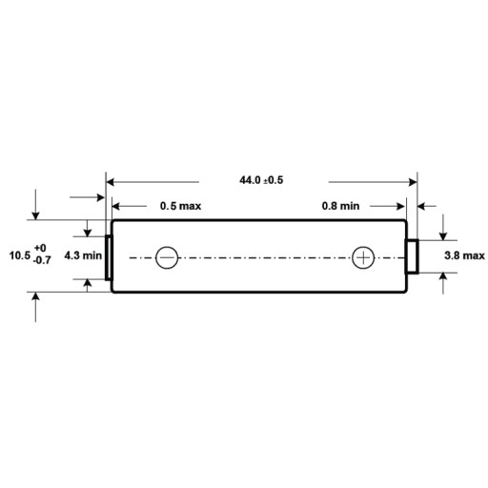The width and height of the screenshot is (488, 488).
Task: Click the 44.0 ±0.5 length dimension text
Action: click(261, 180)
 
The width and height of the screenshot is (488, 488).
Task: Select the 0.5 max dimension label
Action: click(180, 206)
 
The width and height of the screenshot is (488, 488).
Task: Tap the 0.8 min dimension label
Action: click(340, 206)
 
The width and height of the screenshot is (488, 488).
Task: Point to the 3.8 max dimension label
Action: click(464, 255)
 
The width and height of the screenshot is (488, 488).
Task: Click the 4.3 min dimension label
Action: click(83, 255)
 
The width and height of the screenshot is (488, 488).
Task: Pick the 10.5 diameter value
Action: click(20, 255)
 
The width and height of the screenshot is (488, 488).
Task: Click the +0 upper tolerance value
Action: click(40, 248)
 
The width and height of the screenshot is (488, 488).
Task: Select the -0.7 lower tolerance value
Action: click(42, 260)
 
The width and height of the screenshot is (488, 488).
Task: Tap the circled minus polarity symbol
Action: click(167, 257)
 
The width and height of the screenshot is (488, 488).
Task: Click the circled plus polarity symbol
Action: click(363, 257)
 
